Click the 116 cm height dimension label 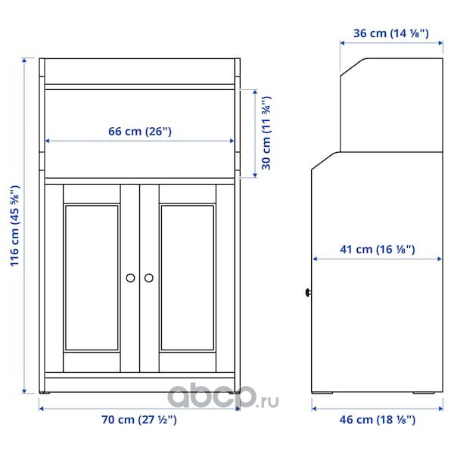15,226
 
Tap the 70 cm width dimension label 139,419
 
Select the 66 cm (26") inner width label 140,131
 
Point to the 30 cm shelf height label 266,133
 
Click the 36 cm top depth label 391,33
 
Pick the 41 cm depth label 378,249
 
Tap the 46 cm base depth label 378,419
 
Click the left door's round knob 130,278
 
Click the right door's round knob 149,278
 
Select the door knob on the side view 308,293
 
